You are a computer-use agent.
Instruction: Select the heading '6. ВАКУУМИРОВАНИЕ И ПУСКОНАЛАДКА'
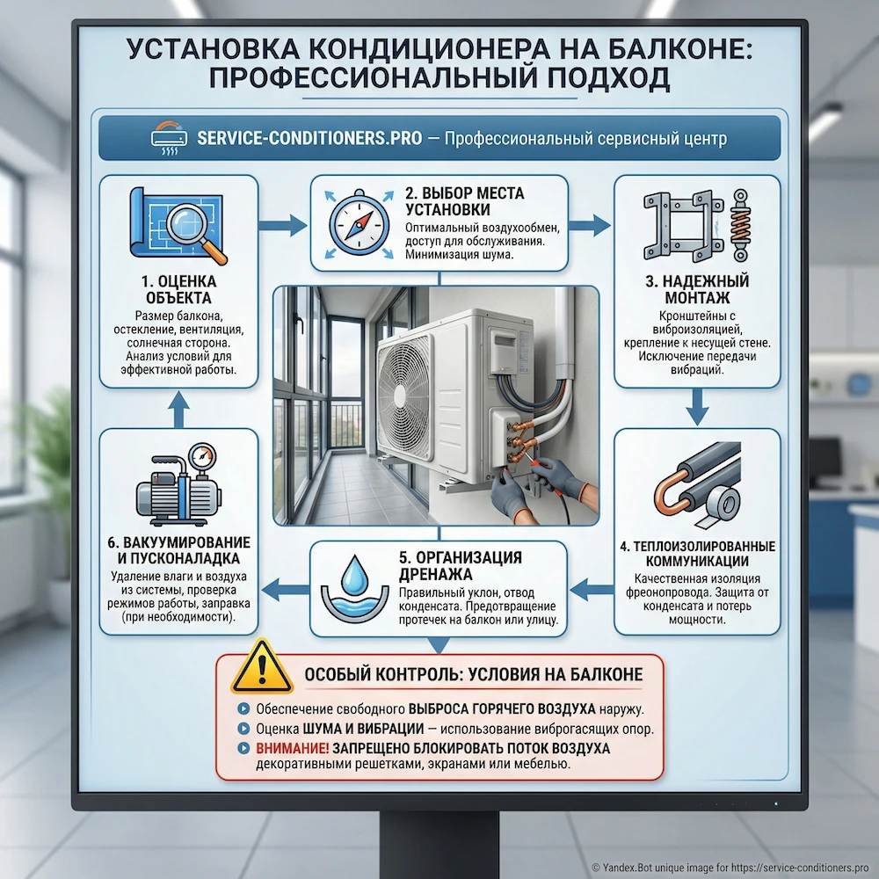point(178,550)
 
